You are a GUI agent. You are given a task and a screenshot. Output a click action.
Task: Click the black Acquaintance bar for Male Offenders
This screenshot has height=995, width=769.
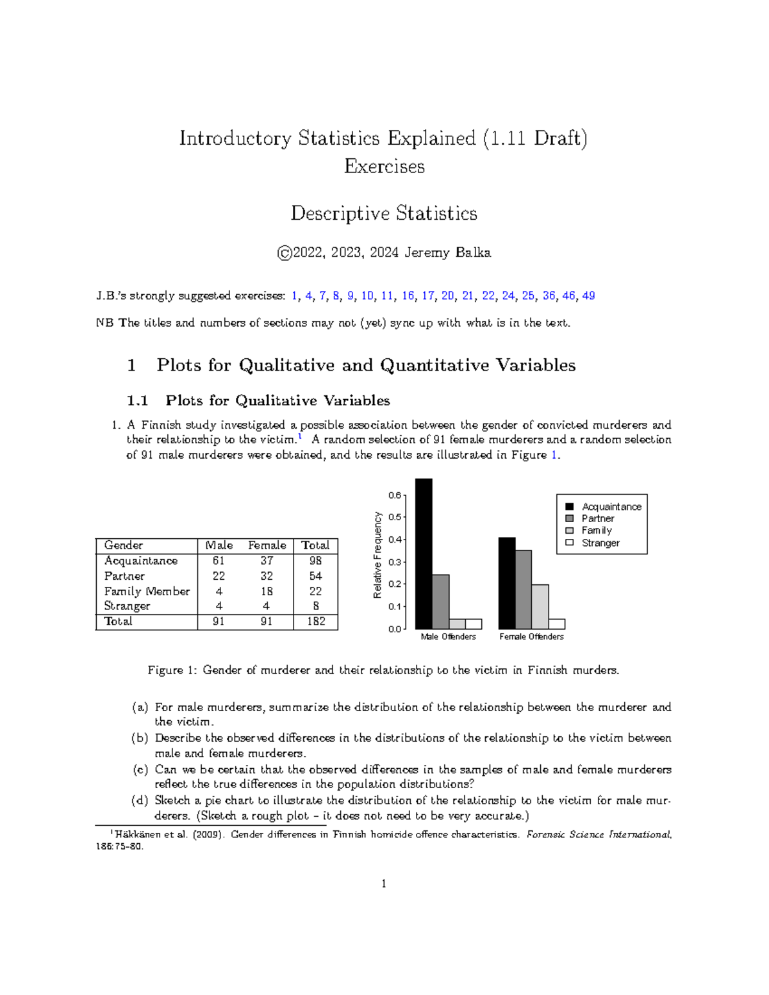coord(424,554)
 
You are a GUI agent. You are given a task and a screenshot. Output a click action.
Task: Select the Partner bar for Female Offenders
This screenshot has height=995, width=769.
coord(523,589)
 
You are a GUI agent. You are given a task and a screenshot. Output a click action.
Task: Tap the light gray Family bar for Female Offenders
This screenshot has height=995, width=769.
coord(540,607)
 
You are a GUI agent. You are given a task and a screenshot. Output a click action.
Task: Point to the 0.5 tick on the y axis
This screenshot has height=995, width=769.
coord(395,517)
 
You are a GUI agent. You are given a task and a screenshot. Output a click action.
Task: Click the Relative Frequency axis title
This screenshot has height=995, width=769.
coord(377,555)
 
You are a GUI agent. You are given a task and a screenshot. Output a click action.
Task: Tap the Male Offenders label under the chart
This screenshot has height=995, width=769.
coord(448,636)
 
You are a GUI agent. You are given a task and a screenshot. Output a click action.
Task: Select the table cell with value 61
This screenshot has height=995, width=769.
coord(219,561)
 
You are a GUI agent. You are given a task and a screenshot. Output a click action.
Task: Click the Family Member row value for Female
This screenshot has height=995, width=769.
coord(267,591)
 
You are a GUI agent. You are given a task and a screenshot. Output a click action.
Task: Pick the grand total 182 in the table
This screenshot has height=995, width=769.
coord(315,621)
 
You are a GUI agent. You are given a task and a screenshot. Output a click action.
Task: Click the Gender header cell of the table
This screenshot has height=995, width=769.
coord(124,545)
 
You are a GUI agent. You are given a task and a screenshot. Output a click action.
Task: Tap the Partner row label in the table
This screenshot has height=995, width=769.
coord(124,576)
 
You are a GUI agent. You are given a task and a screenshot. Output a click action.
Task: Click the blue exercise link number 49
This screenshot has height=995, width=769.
coord(588,295)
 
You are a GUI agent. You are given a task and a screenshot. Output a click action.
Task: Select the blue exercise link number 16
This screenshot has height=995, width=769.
coord(408,295)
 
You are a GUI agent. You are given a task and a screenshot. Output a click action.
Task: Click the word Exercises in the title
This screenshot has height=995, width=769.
coord(384,167)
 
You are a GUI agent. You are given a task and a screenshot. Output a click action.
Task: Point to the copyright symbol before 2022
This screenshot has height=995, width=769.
coord(284,253)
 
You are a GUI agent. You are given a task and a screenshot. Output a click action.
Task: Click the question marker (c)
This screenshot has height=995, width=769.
coord(140,769)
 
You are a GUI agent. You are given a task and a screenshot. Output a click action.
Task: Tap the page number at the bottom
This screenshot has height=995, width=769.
coord(384,884)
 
